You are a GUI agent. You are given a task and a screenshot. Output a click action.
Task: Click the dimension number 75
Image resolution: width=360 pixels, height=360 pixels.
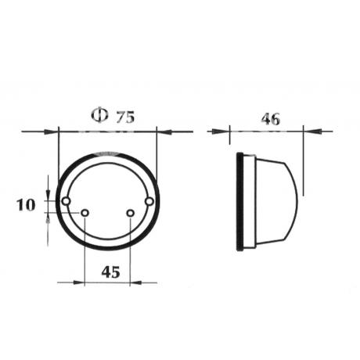(125, 117)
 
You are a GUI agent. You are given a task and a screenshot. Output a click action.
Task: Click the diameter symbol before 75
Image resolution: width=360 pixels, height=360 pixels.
(99, 115)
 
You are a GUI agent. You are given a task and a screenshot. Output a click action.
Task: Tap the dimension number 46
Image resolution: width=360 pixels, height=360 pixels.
(271, 119)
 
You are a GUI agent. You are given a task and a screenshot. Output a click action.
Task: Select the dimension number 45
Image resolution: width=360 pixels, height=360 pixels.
(110, 272)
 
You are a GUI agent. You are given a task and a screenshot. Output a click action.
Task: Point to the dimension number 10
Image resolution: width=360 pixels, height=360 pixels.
(26, 205)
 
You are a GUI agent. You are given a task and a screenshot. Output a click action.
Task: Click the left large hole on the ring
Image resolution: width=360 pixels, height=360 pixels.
(66, 201)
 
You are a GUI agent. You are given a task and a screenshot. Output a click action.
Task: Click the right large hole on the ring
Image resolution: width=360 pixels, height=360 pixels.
(149, 201)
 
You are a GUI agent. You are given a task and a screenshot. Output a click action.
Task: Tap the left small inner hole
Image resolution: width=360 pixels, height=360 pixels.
(85, 213)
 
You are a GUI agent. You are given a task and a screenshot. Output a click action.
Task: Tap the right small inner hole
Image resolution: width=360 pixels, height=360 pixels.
(131, 213)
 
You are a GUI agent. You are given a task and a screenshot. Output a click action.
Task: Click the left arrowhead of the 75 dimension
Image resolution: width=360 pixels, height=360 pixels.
(51, 131)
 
